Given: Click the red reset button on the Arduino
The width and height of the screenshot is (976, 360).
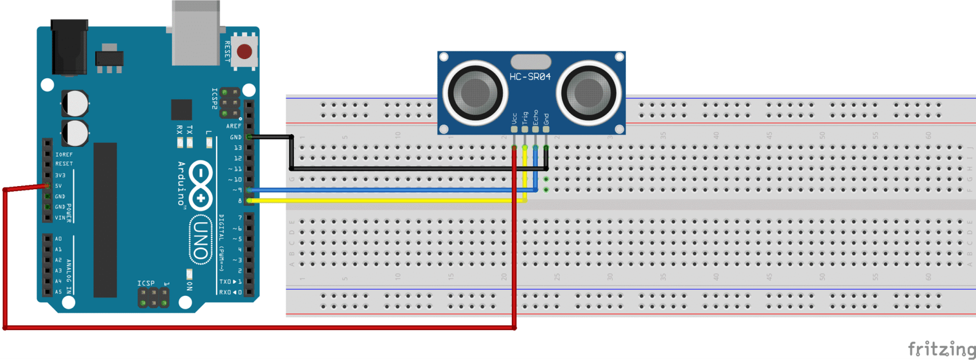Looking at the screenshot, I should pos(245,51).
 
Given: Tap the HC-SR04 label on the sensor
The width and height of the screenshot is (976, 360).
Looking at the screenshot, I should pos(530,77).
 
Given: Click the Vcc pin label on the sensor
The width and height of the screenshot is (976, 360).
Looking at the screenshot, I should pos(514,118).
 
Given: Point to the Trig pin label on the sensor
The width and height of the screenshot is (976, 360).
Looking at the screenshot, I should pos(525,117).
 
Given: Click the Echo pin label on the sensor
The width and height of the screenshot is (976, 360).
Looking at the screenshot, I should pos(536,117).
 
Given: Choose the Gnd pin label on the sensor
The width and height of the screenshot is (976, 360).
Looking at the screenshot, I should pos(546,118).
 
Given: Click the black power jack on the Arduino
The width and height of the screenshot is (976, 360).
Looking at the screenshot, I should pos(69,48).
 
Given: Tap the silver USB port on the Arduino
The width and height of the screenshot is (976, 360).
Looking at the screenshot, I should pos(196,34).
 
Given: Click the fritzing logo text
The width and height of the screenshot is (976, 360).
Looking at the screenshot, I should pos(941,349).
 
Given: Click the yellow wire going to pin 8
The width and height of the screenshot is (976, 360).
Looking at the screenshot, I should pos(384,200).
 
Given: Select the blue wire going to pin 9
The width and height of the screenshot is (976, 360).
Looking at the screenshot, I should pos(384,190).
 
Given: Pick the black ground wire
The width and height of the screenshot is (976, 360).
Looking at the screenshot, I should pos(415,168).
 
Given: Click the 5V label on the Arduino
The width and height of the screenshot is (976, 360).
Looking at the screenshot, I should pos(59,186).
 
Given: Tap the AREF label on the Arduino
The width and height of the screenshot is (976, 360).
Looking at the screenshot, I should pos(234,126).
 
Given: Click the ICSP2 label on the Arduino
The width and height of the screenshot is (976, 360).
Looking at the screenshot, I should pos(214,99).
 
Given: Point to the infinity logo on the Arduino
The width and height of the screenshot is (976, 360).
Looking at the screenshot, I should pos(201,185).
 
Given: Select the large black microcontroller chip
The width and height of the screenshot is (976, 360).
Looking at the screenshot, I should pos(105,220).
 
